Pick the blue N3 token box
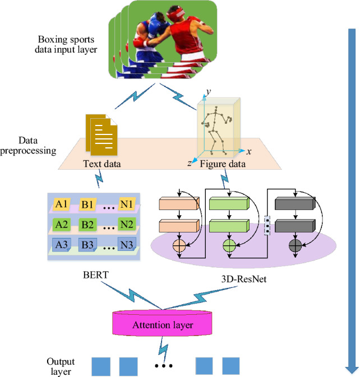coord(126,245)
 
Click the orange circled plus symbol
coord(180,245)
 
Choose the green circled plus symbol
coord(230,245)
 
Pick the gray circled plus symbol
coord(296,245)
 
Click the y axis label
coord(207,91)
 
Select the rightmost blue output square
coord(230,366)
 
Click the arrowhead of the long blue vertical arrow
coord(351,367)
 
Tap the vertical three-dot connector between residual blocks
coord(267,224)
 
